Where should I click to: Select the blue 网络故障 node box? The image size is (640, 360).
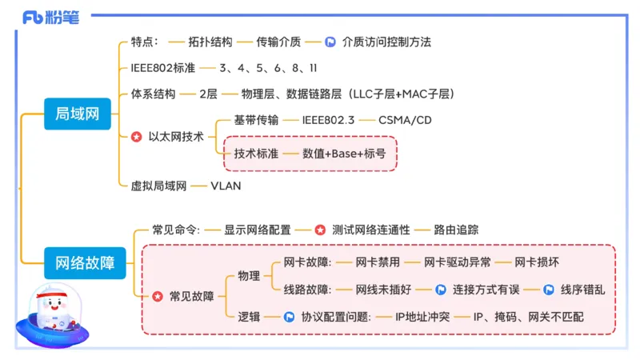tap(85, 262)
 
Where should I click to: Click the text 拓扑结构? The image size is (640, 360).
tap(210, 42)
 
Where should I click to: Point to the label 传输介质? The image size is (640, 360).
tap(279, 42)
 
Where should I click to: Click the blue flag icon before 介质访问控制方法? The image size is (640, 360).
tap(330, 42)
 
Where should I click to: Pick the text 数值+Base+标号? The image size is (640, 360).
tap(344, 154)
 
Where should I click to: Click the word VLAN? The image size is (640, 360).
tap(226, 186)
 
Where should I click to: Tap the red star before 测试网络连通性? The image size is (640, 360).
tap(320, 230)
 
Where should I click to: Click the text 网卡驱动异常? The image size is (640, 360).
tap(457, 262)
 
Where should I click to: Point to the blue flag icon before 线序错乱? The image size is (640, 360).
tap(549, 289)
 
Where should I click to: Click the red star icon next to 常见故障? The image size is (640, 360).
tap(157, 297)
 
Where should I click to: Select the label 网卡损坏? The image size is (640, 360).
tap(537, 262)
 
